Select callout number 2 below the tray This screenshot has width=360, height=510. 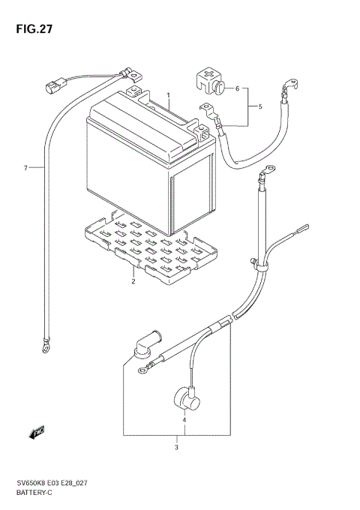point(133,282)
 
